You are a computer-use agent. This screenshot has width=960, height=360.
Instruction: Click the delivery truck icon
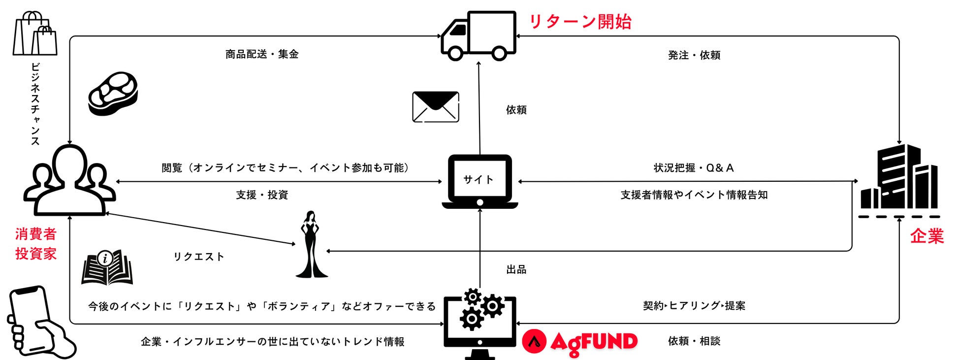coord(478,36)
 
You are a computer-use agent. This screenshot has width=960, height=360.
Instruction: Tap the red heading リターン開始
coord(580,22)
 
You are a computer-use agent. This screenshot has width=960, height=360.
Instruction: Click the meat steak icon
coord(113,94)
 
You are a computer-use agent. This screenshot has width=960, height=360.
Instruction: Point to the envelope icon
coord(436,107)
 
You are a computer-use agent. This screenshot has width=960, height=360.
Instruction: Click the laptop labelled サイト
coord(480,182)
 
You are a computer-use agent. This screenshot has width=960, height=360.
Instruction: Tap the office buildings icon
coord(899,178)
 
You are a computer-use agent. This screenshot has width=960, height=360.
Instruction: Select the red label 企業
coord(927,236)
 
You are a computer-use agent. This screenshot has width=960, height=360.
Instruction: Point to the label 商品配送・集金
coord(262,54)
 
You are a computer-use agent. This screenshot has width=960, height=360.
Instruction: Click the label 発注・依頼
coord(694,55)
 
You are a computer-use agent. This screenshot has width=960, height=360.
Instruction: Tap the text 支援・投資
coord(262,195)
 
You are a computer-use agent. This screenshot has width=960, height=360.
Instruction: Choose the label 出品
coord(516,269)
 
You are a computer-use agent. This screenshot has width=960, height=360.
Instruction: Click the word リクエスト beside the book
coord(199,257)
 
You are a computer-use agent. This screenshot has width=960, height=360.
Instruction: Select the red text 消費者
coord(36,234)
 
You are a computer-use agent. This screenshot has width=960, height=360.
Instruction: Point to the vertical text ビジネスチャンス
coord(35,104)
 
